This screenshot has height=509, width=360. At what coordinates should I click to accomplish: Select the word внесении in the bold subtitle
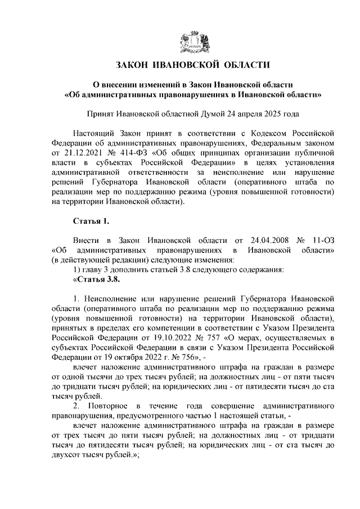click(x=121, y=84)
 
